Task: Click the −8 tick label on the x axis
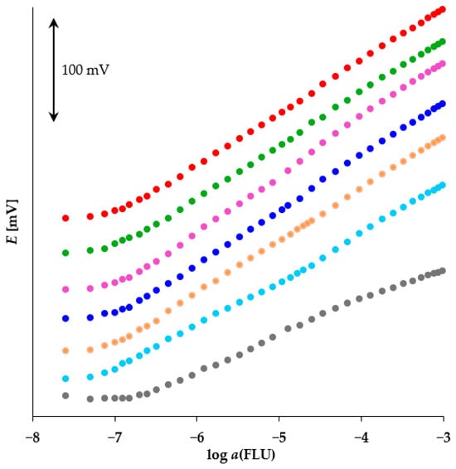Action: tap(32, 438)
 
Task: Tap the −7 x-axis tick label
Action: tap(115, 438)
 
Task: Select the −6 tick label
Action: tap(197, 438)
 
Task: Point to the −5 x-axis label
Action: tap(279, 438)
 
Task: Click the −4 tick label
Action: tap(361, 438)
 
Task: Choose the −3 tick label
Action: tap(444, 438)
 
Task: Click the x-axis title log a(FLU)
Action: tap(241, 455)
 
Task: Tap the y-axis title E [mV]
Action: tap(12, 221)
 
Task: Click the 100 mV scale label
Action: tap(85, 70)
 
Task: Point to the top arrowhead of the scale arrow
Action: tap(54, 19)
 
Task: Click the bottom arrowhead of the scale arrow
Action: tap(54, 121)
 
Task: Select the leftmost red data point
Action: tap(65, 218)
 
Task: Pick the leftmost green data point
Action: tap(65, 253)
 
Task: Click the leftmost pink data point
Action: tap(65, 289)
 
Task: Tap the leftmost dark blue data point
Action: tap(65, 318)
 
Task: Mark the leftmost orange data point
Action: tap(65, 351)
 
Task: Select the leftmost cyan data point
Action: tap(65, 379)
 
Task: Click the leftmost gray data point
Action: tap(65, 395)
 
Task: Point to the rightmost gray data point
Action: tap(443, 271)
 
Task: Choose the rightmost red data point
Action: tap(443, 10)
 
